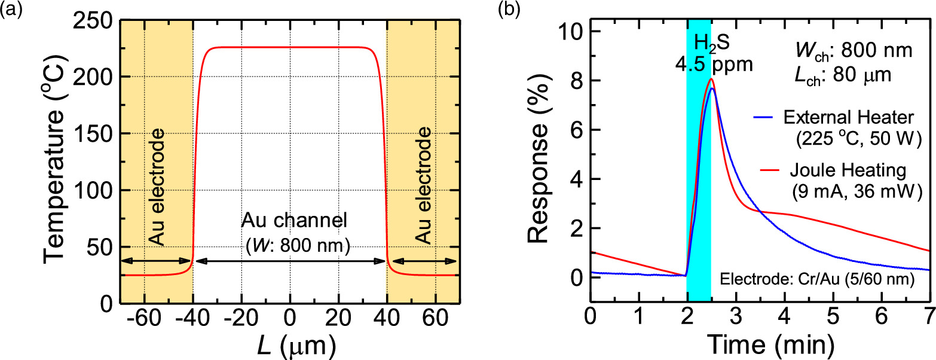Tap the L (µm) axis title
(289, 344)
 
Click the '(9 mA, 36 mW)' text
(851, 193)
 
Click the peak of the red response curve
(711, 79)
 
